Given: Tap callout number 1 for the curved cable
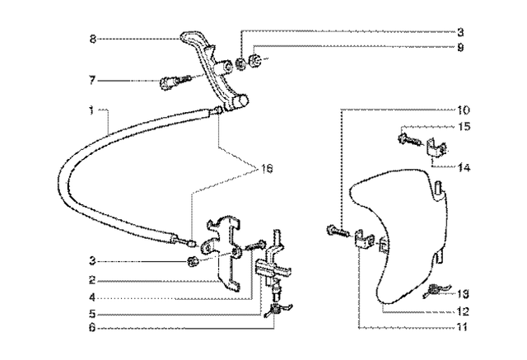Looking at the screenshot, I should [x=97, y=110].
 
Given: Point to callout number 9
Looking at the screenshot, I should [x=460, y=47].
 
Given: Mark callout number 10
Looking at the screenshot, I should [x=464, y=110].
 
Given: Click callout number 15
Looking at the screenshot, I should [x=464, y=126].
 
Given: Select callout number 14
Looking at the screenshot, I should [x=464, y=166].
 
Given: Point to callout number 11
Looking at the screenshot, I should [x=464, y=327].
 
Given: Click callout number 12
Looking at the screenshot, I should [x=464, y=311].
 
